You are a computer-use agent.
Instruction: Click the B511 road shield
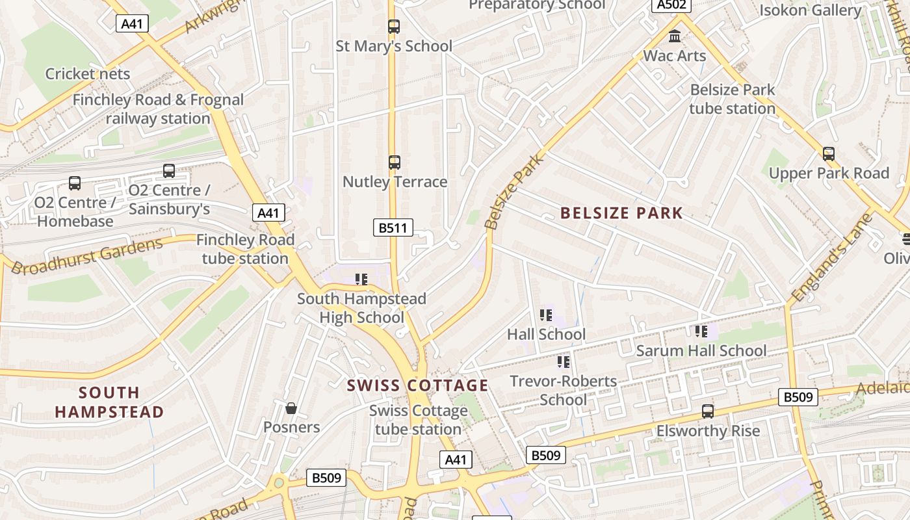pyautogui.click(x=393, y=227)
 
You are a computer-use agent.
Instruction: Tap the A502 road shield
pyautogui.click(x=671, y=5)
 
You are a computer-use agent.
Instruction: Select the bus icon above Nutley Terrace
pyautogui.click(x=395, y=162)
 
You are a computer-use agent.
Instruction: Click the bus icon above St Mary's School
pyautogui.click(x=394, y=27)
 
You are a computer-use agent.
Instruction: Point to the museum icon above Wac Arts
pyautogui.click(x=675, y=36)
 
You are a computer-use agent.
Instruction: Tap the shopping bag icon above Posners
pyautogui.click(x=291, y=408)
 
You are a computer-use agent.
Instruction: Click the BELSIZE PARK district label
pyautogui.click(x=621, y=213)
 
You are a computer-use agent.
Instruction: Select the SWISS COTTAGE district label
pyautogui.click(x=417, y=385)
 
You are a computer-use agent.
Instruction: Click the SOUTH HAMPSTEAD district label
pyautogui.click(x=109, y=402)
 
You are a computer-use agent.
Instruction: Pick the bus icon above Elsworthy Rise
pyautogui.click(x=708, y=411)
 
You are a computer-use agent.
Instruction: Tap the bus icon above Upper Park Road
pyautogui.click(x=829, y=154)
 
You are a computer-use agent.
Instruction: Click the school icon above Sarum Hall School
pyautogui.click(x=701, y=331)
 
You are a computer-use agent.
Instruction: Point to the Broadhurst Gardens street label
pyautogui.click(x=87, y=256)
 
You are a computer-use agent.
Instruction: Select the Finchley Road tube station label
pyautogui.click(x=245, y=249)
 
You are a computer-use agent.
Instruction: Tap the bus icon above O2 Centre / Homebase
pyautogui.click(x=75, y=183)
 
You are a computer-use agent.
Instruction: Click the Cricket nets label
pyautogui.click(x=88, y=74)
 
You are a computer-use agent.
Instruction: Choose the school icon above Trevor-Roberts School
pyautogui.click(x=564, y=361)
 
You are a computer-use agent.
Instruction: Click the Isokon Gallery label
pyautogui.click(x=811, y=10)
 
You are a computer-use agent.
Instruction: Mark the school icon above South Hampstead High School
pyautogui.click(x=361, y=279)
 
